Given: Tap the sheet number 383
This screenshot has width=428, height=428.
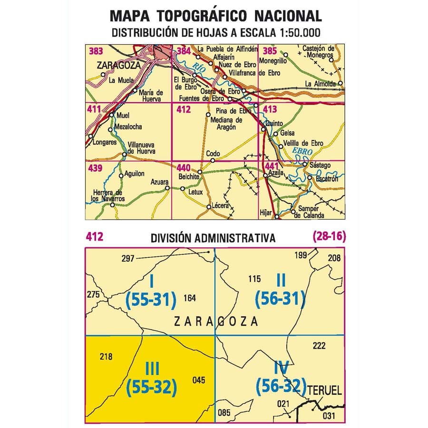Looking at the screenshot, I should point(97,51).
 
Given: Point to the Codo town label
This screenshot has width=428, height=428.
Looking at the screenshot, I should point(213,154).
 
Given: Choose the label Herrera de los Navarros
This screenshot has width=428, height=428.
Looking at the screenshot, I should point(108,195).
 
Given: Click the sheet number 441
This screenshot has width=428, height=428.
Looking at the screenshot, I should point(272,166).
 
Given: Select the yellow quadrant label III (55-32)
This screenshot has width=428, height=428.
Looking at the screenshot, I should point(152,379).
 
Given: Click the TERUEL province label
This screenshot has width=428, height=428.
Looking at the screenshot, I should point(325,391).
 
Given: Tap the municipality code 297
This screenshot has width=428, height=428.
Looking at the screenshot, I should point(128,258).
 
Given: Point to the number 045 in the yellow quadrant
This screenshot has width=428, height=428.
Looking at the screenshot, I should point(199,379).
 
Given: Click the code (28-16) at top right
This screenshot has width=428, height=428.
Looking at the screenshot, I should point(329,236).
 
